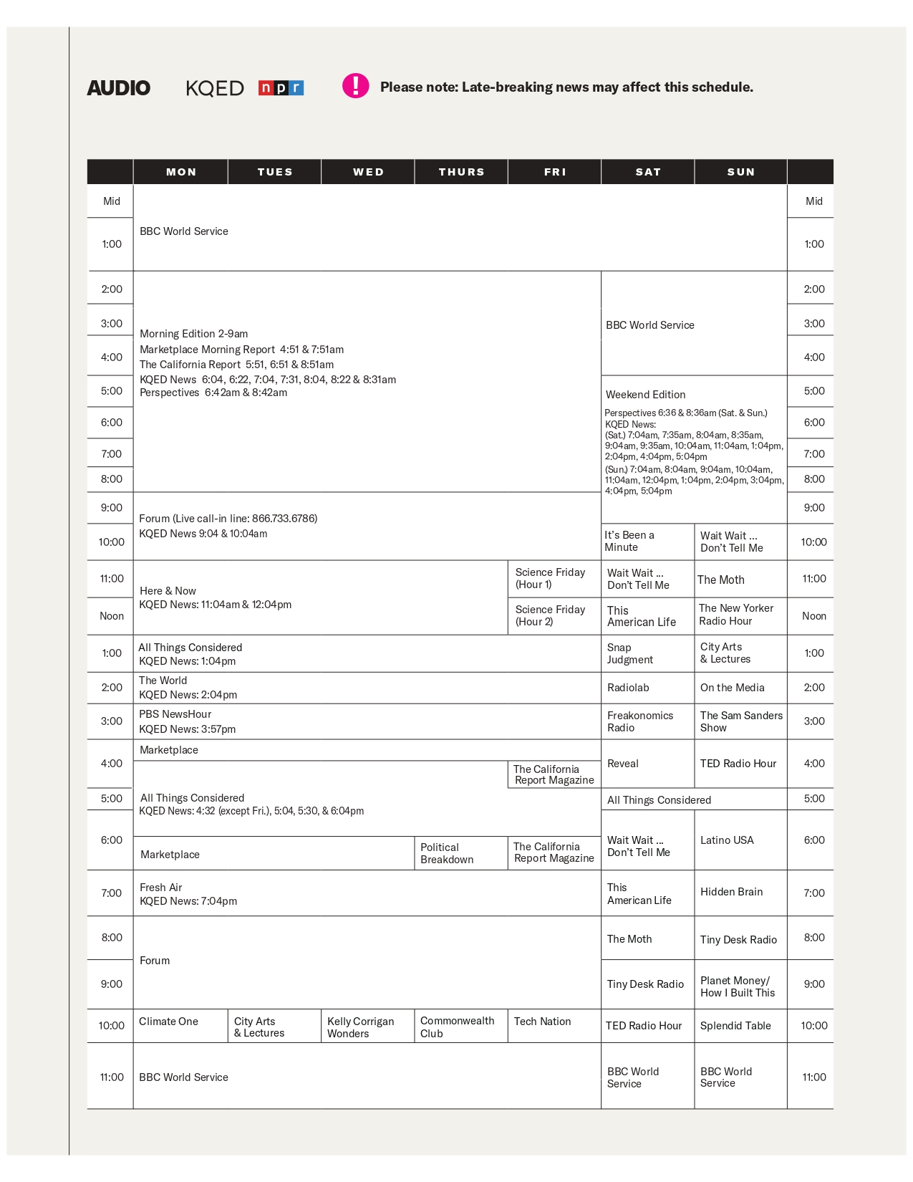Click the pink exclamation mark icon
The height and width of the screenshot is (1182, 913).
tap(355, 86)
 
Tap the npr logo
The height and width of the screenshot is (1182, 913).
tap(281, 87)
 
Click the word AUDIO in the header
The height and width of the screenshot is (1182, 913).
tap(119, 87)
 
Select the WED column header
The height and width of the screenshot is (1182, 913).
tap(368, 172)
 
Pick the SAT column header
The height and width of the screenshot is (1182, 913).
tap(648, 172)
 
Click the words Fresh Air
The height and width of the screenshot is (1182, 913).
tap(161, 888)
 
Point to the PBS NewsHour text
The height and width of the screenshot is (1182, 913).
tap(175, 714)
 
